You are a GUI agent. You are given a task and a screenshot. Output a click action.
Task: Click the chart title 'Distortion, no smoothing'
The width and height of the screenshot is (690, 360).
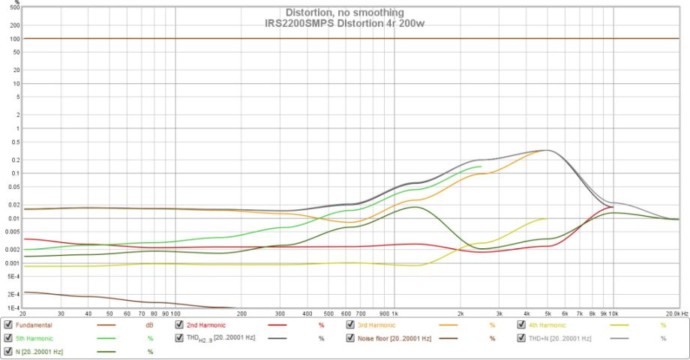344,13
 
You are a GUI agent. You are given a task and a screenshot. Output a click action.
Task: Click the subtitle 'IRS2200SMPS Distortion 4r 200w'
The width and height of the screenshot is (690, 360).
344,22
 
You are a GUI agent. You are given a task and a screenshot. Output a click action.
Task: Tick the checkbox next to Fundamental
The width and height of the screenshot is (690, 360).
8,325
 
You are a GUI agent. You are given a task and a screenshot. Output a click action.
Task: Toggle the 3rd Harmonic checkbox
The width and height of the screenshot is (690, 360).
350,325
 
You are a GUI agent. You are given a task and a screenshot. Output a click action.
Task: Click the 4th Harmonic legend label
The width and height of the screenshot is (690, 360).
549,325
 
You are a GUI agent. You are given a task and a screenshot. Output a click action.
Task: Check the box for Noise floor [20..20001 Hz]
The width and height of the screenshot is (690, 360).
350,338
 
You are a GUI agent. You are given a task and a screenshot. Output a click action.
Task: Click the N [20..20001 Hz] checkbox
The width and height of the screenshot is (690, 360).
8,351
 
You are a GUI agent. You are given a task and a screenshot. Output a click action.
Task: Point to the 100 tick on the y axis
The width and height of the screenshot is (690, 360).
15,38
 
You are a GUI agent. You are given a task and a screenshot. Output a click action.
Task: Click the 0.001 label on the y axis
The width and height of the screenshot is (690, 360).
13,263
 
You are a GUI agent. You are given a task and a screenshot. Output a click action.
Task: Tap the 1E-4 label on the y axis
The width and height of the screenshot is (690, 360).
13,308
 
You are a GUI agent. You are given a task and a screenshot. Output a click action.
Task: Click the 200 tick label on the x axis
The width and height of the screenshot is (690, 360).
241,313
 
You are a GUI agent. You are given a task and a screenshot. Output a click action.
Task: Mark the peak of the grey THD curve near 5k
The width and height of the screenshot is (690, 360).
547,150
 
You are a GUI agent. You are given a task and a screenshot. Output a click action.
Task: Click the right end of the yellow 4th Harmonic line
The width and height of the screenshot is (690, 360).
546,218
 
